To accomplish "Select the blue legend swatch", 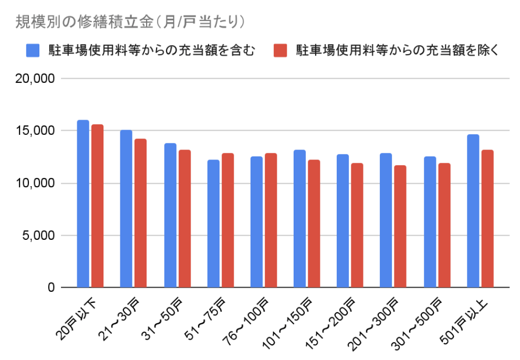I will click(32, 50).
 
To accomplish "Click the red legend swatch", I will click(281, 50).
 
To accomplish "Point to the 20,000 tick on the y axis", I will click(36, 79).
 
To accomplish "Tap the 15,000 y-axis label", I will click(36, 131).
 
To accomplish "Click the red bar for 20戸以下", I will click(97, 206).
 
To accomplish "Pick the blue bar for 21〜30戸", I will click(126, 208).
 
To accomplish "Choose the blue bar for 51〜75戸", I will click(213, 224).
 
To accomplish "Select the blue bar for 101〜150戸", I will click(300, 218).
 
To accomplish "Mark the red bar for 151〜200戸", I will click(357, 225).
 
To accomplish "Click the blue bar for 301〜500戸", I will click(430, 222).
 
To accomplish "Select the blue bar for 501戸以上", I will click(473, 211).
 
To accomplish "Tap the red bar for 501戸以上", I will click(487, 218).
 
